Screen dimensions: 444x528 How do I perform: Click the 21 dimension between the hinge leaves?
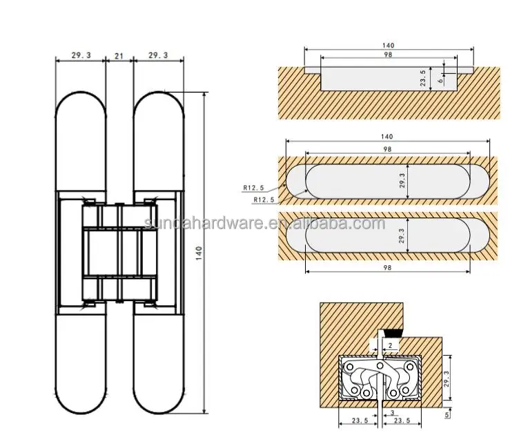tap(119, 55)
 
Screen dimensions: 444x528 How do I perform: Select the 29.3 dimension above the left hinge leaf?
tap(80, 55)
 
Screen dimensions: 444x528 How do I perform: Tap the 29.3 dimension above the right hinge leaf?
tap(158, 55)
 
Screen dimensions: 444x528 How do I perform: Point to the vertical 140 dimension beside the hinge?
tap(199, 253)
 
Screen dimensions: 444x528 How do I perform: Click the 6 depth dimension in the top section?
tap(440, 81)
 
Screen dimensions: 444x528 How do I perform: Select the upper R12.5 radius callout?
tap(254, 187)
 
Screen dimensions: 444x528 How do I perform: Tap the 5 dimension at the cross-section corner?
tap(449, 415)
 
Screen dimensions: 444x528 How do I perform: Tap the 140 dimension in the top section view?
tap(389, 46)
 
